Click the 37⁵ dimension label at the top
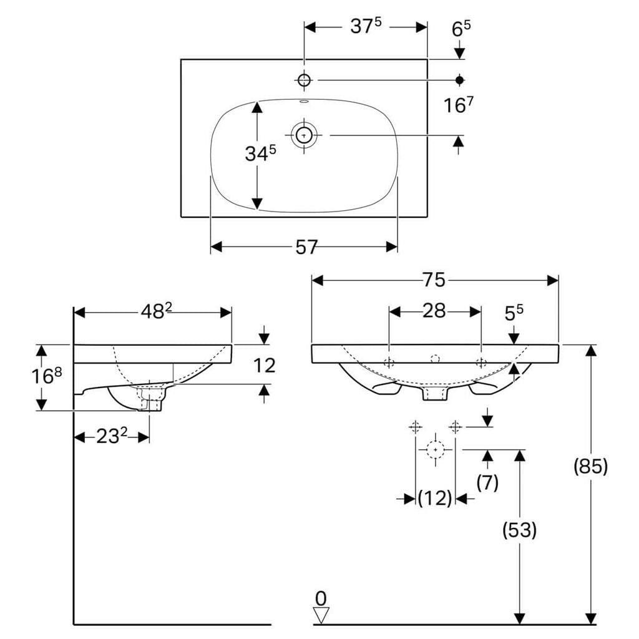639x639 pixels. click(366, 27)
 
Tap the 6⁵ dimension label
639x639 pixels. click(461, 29)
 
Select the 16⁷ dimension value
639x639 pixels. click(458, 105)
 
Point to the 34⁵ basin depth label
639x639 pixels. click(260, 154)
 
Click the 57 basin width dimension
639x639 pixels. click(306, 247)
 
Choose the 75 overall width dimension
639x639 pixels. click(434, 280)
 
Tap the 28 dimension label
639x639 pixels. click(434, 311)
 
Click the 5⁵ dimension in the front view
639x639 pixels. click(514, 313)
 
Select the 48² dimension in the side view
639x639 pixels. click(157, 312)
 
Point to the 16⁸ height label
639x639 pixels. click(47, 376)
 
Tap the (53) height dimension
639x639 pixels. click(519, 530)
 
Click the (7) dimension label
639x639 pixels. click(487, 482)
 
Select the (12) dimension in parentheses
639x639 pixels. click(435, 497)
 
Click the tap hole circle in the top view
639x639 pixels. click(304, 80)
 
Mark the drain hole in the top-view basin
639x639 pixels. click(304, 135)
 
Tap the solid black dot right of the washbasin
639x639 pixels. click(460, 80)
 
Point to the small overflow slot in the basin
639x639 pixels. click(304, 102)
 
